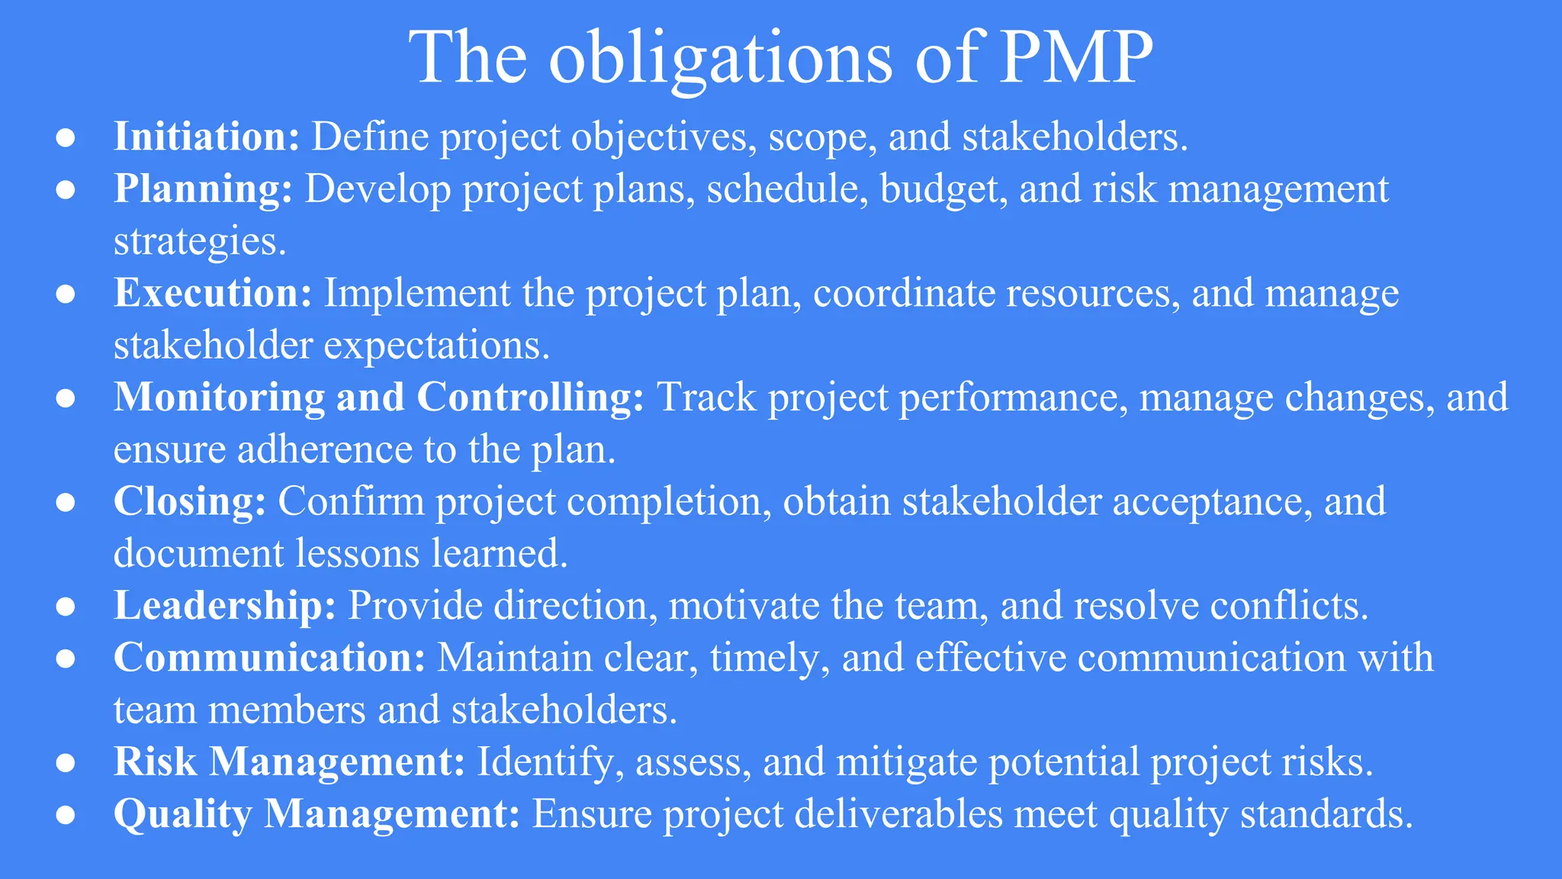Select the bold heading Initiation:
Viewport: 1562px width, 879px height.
pyautogui.click(x=207, y=137)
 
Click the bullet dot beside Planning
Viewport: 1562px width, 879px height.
pyautogui.click(x=66, y=189)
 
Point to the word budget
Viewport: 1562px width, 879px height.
pyautogui.click(x=939, y=189)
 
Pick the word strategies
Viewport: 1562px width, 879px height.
pyautogui.click(x=200, y=241)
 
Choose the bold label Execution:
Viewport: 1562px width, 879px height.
pyautogui.click(x=213, y=294)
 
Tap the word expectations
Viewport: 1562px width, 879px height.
pyautogui.click(x=437, y=346)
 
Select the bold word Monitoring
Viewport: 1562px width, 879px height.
pyautogui.click(x=220, y=398)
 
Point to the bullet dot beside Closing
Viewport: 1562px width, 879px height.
pyautogui.click(x=66, y=502)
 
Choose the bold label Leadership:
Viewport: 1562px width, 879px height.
pyautogui.click(x=225, y=606)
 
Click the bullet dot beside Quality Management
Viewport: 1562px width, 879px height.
pyautogui.click(x=66, y=814)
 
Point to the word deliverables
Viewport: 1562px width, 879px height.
pyautogui.click(x=898, y=814)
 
